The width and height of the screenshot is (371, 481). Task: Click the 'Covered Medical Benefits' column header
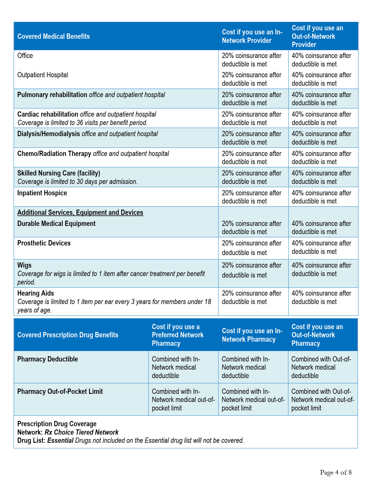pos(54,36)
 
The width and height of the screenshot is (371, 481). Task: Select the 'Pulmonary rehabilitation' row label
pos(52,95)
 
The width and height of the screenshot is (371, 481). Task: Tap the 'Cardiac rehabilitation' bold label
pos(48,114)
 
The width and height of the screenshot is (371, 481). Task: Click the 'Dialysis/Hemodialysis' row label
pos(49,134)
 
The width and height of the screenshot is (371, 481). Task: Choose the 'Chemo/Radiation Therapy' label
pos(54,154)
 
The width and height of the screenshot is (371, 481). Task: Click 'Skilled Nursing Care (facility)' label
pos(59,173)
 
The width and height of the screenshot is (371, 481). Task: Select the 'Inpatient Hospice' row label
pos(42,193)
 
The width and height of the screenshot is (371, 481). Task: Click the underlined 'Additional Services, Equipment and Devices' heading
pos(80,213)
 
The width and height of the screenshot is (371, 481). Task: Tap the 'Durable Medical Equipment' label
pos(56,224)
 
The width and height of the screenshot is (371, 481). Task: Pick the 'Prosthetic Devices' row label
pos(44,243)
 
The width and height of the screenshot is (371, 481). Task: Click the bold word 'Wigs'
pos(24,265)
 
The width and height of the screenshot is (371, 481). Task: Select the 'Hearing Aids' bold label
pos(36,293)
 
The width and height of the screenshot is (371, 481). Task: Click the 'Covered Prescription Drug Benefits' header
pos(68,335)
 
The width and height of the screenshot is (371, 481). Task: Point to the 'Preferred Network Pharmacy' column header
pos(177,335)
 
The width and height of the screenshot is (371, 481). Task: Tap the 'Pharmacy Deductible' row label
pos(48,359)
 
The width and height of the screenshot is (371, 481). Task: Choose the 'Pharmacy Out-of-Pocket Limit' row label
pos(60,392)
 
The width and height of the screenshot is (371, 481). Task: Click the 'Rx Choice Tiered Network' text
pos(81,432)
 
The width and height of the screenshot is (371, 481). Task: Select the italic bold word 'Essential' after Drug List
pos(60,440)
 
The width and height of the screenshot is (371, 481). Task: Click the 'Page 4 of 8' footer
pos(336,473)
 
